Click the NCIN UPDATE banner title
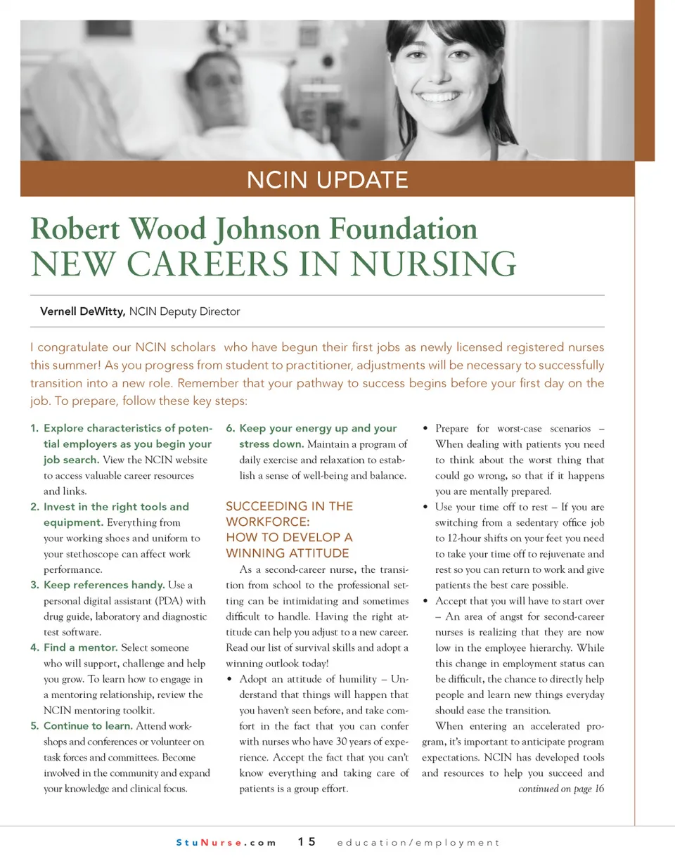(327, 180)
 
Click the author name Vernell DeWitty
(82, 311)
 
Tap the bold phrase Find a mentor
(80, 647)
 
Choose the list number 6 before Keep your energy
(230, 428)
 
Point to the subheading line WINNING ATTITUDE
(287, 552)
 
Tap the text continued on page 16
(560, 789)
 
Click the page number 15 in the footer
(307, 842)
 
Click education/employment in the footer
(418, 842)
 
